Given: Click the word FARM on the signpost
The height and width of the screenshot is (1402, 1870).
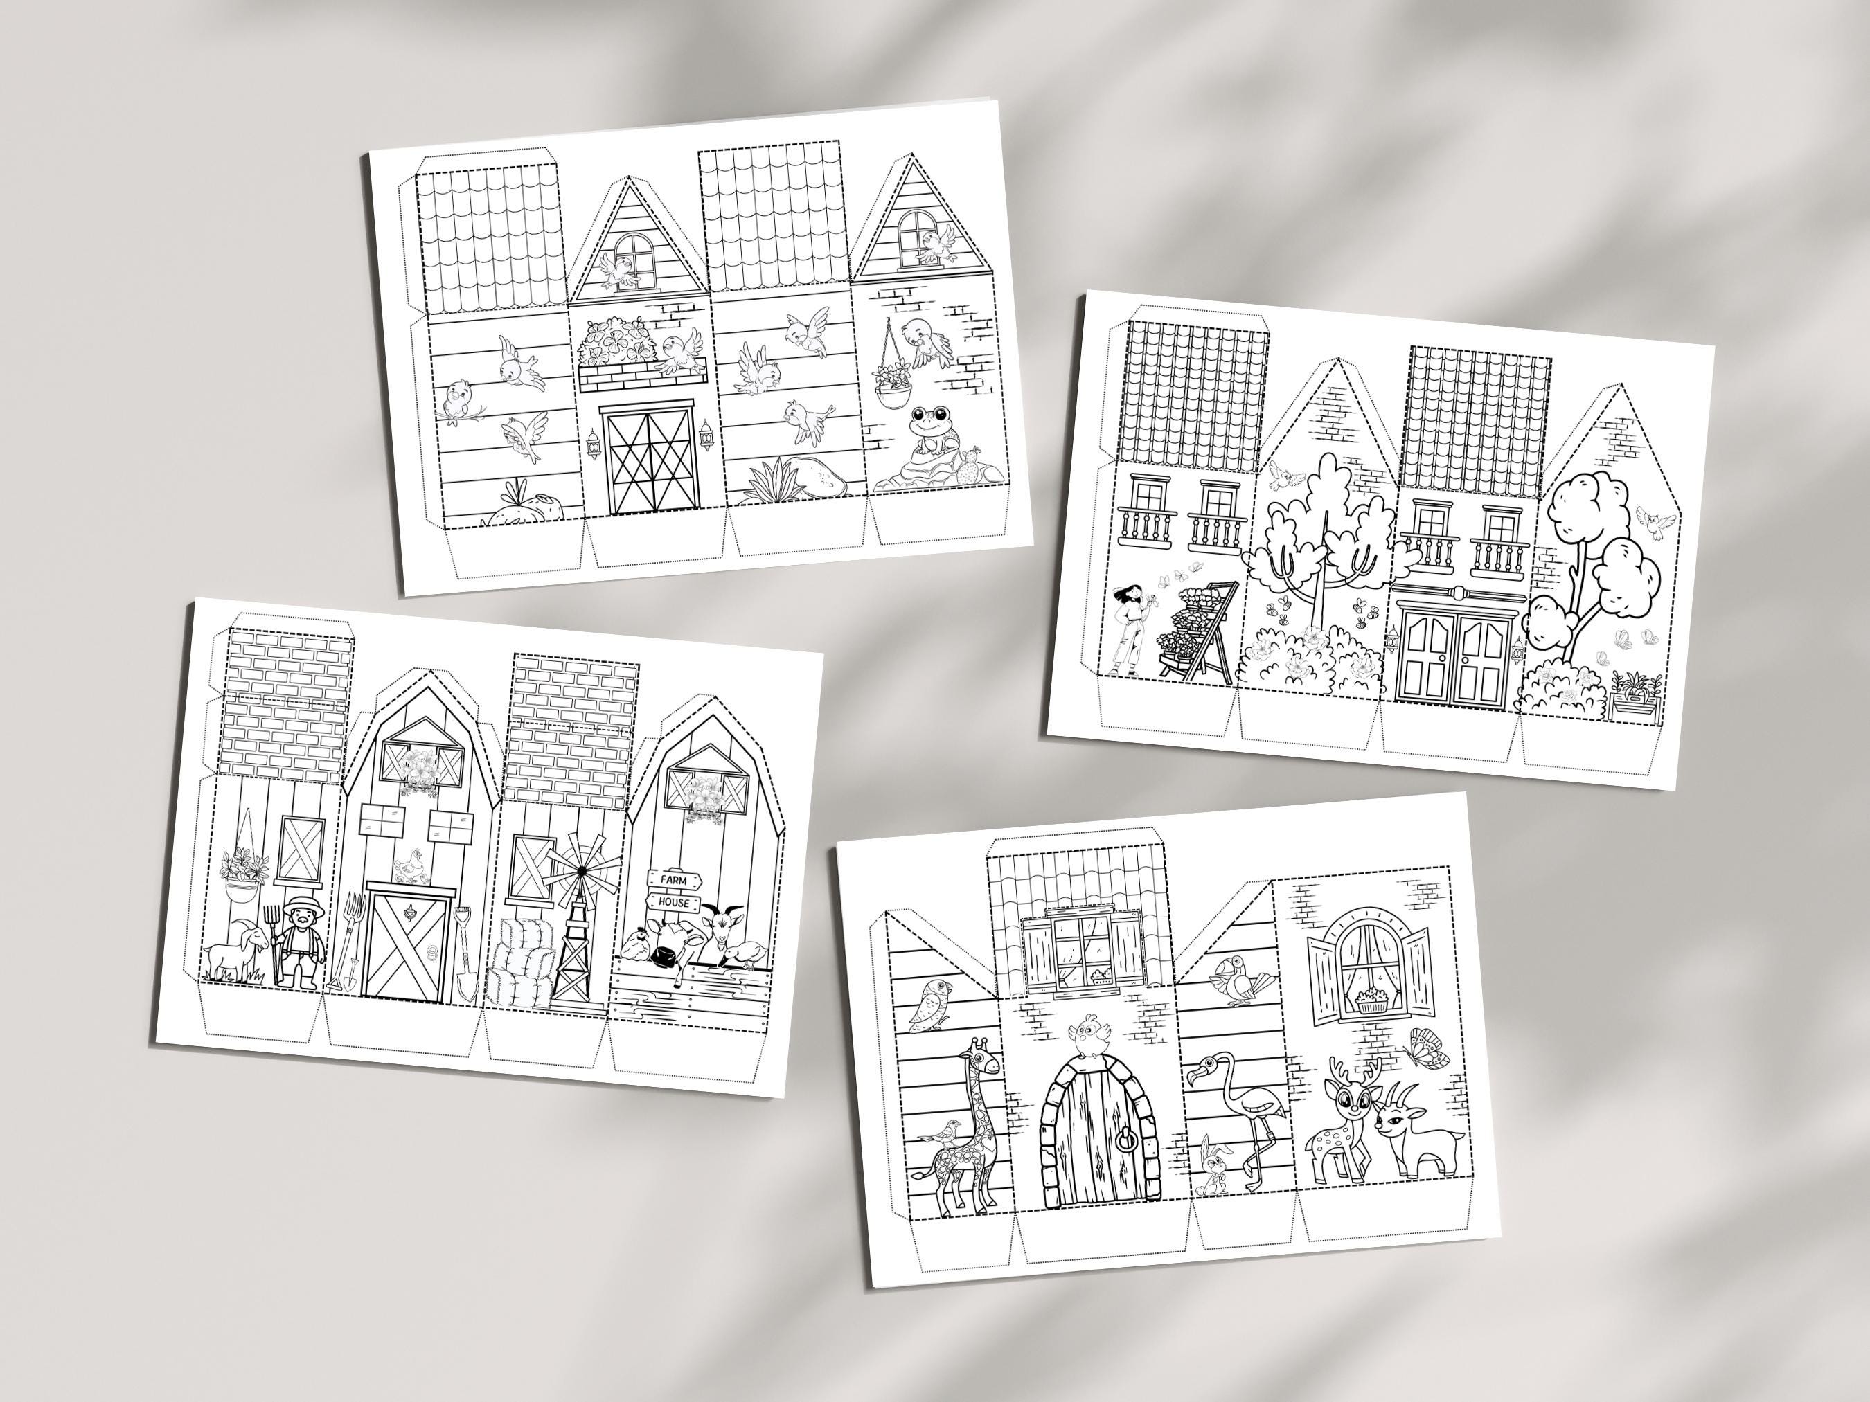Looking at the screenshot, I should pos(674,881).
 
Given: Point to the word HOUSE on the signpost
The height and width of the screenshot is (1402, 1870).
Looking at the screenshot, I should pos(674,903).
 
